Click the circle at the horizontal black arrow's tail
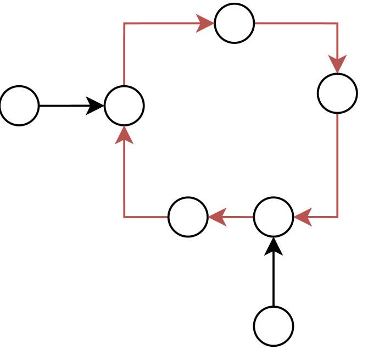point(19,106)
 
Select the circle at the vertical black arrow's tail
point(274,326)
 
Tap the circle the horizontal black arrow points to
point(124,106)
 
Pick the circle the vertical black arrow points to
point(274,217)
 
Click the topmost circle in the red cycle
point(235,23)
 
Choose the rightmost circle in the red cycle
point(337,93)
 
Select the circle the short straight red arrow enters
point(188,217)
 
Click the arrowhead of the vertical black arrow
point(274,246)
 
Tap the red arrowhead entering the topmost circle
point(206,23)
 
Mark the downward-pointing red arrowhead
point(337,65)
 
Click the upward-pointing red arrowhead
point(124,135)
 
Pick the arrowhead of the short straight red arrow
point(217,217)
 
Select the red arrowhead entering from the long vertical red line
point(303,217)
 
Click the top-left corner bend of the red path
point(124,23)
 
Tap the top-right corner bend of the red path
point(337,23)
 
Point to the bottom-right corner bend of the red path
point(337,217)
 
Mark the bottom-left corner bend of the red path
point(124,217)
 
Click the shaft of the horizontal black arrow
point(63,106)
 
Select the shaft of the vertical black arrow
point(274,280)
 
